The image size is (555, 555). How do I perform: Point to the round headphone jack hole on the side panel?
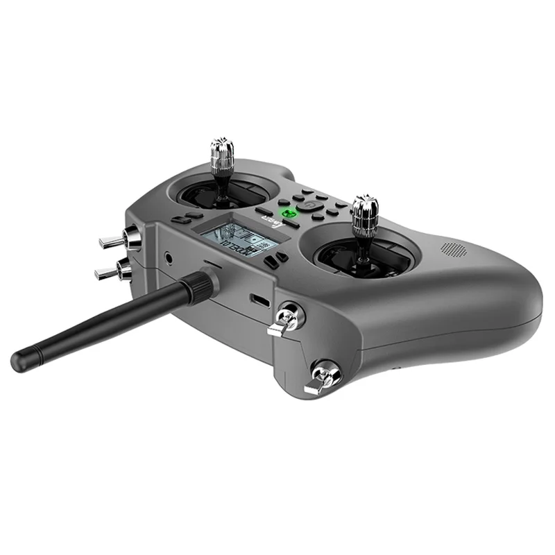(x=169, y=259)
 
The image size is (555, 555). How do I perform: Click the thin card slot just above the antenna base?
(x=212, y=264)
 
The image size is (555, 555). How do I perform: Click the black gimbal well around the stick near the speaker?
(x=368, y=260)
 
